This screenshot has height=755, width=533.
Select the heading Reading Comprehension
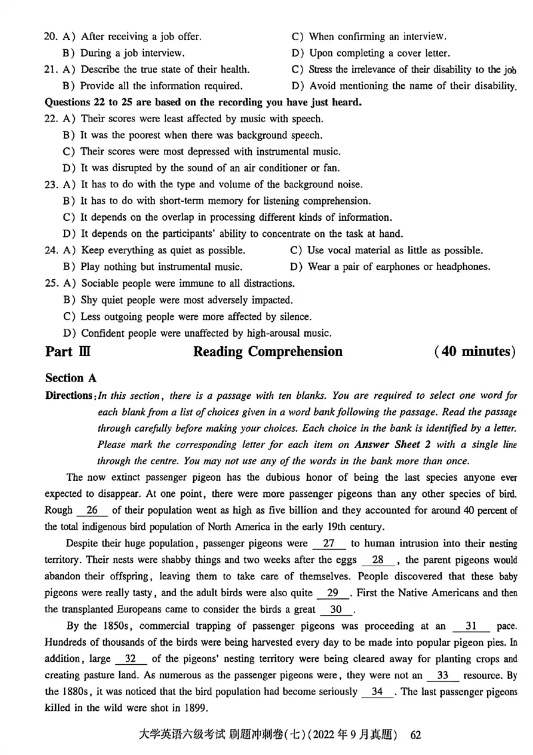[267, 351]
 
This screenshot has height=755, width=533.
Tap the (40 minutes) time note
[474, 351]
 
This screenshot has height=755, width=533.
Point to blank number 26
[97, 510]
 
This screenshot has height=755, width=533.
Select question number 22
[51, 119]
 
